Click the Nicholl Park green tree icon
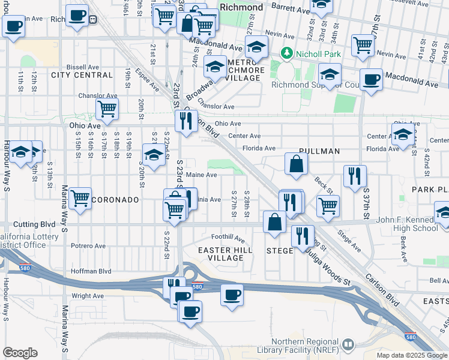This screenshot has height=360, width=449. tap(287, 54)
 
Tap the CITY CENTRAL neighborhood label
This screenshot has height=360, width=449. tap(82, 75)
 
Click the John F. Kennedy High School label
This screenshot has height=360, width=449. tap(407, 224)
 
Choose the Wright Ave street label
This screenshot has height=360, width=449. tap(88, 296)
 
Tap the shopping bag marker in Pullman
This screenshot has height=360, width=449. tap(297, 164)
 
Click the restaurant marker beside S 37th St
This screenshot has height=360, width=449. tap(355, 175)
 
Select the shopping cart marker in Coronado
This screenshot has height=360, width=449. tap(80, 199)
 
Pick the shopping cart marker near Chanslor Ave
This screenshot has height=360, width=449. tap(107, 109)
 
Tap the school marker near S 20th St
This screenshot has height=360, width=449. tap(154, 155)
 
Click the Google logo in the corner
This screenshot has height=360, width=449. tap(20, 353)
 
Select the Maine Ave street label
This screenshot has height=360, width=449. tap(201, 175)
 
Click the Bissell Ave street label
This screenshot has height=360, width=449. tap(83, 67)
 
